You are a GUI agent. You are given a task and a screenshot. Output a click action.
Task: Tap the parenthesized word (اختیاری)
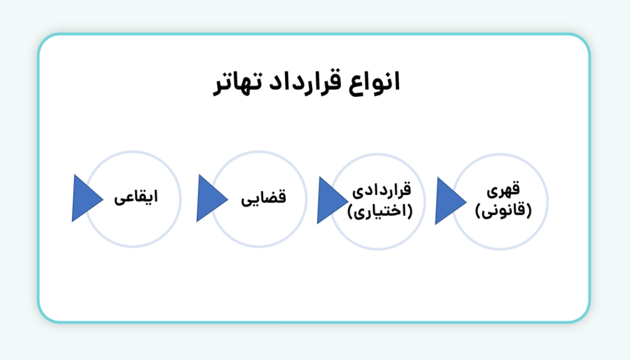[x=380, y=212]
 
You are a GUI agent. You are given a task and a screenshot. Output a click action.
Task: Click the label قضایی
[x=263, y=198]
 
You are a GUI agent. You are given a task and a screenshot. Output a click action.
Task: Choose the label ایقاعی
[x=136, y=198]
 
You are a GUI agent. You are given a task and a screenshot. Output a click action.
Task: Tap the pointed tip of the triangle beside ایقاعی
[x=102, y=198]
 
